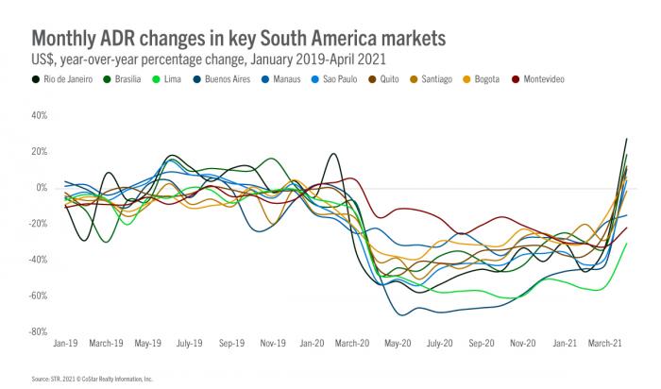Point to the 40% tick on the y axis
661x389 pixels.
[x=39, y=115]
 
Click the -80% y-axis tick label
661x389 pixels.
[x=37, y=331]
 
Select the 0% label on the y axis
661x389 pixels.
[x=42, y=187]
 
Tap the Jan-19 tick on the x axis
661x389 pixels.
[x=65, y=343]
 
